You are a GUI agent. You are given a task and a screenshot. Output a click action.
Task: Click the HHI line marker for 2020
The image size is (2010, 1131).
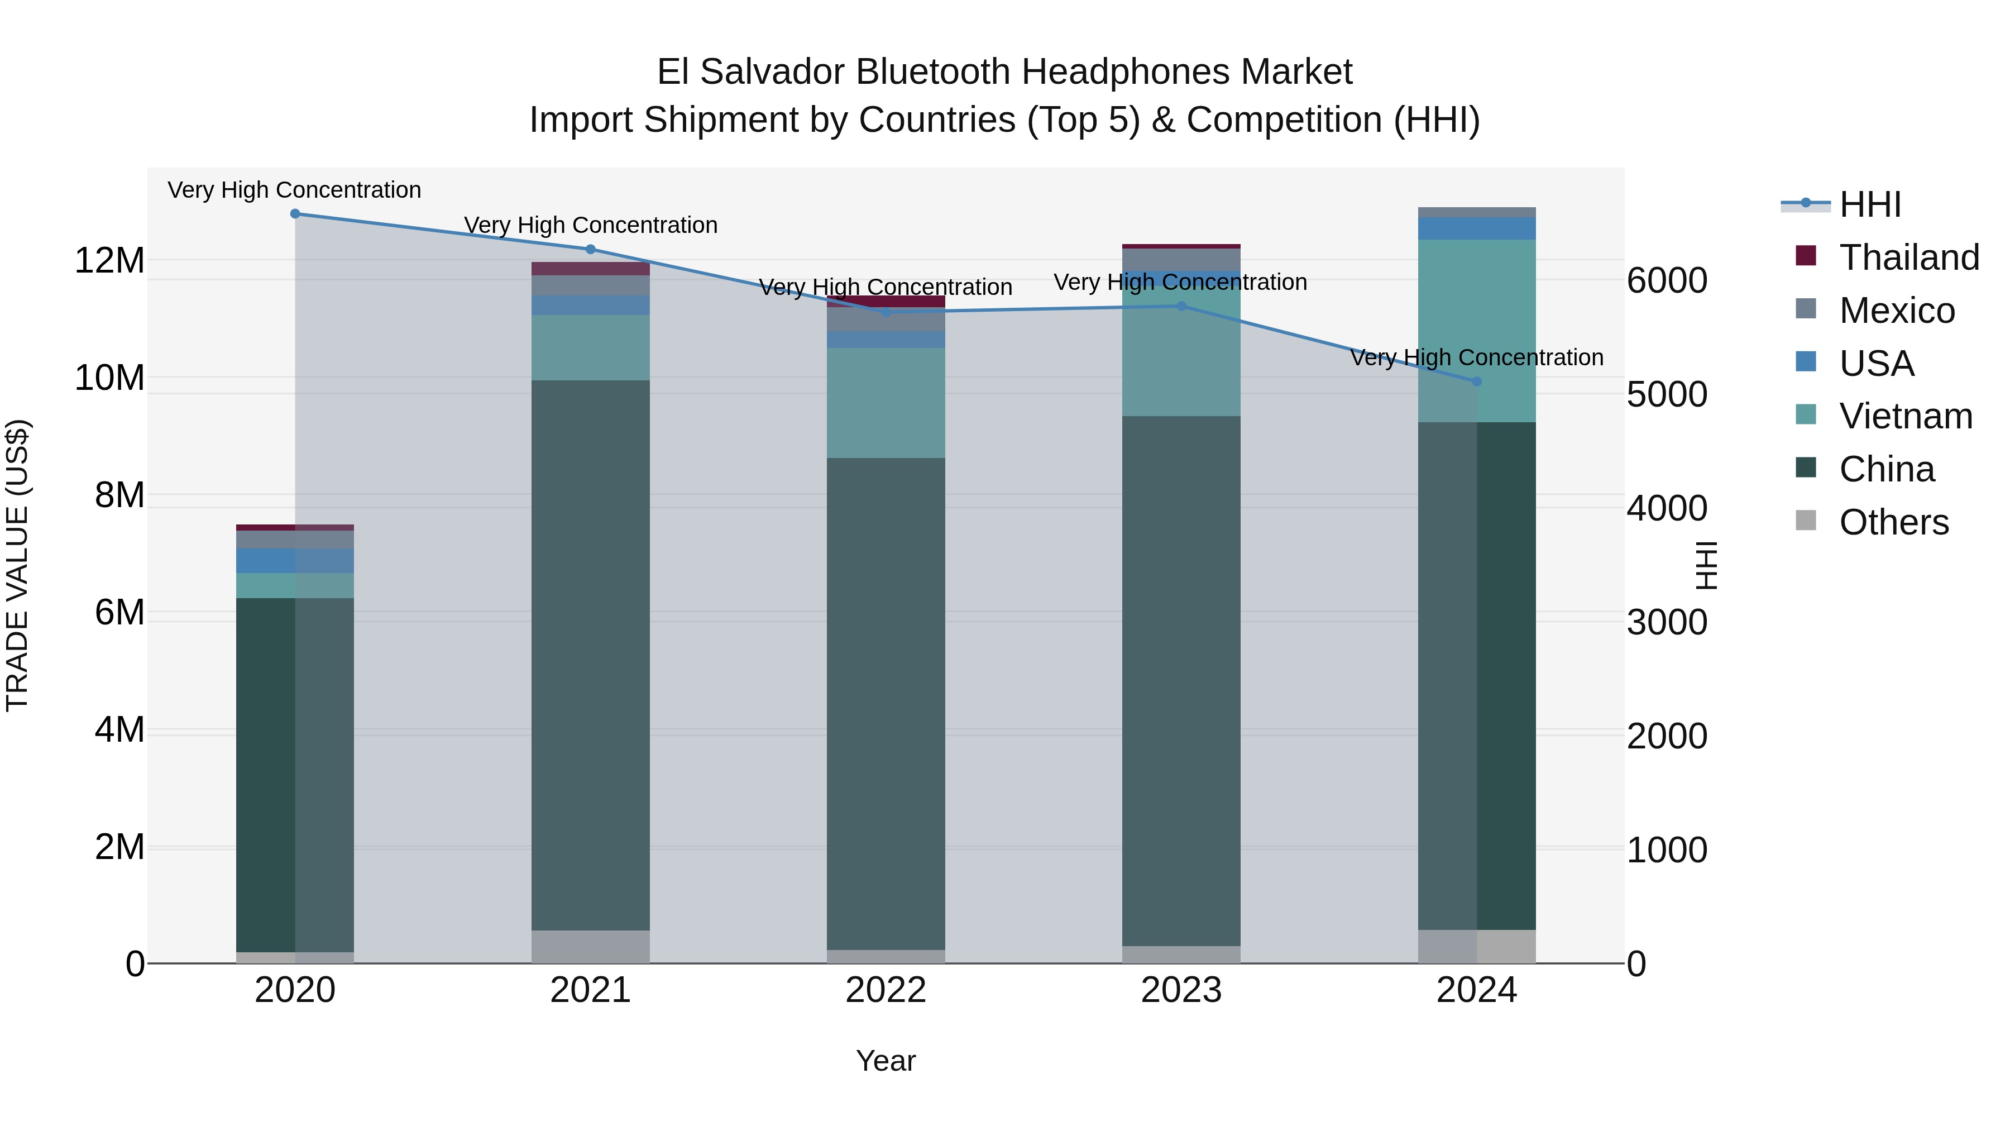[x=295, y=214]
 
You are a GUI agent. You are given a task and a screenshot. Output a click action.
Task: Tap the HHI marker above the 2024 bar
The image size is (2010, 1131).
[x=1476, y=381]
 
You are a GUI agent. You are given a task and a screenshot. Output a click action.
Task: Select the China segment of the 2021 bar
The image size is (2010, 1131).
[x=591, y=656]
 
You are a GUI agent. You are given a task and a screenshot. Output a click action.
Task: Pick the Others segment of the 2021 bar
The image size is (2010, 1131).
[x=591, y=946]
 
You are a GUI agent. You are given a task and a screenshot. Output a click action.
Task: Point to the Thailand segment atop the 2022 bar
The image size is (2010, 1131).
[x=886, y=301]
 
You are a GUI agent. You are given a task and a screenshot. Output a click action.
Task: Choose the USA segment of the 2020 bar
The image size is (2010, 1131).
[x=295, y=561]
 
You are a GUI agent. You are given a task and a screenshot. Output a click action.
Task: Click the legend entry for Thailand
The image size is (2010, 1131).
[x=1908, y=257]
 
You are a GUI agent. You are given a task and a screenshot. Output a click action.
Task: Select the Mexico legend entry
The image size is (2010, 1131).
[x=1896, y=311]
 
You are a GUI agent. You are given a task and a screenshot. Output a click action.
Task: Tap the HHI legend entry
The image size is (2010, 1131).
[x=1869, y=204]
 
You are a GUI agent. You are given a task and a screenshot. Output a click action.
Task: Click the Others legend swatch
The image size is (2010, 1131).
[x=1806, y=521]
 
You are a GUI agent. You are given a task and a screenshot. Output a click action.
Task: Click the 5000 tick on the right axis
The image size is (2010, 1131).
[x=1667, y=395]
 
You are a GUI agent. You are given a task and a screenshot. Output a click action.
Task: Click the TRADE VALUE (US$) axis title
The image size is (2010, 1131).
[x=17, y=565]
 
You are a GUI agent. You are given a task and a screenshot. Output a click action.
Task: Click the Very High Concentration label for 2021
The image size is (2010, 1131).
[x=591, y=225]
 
